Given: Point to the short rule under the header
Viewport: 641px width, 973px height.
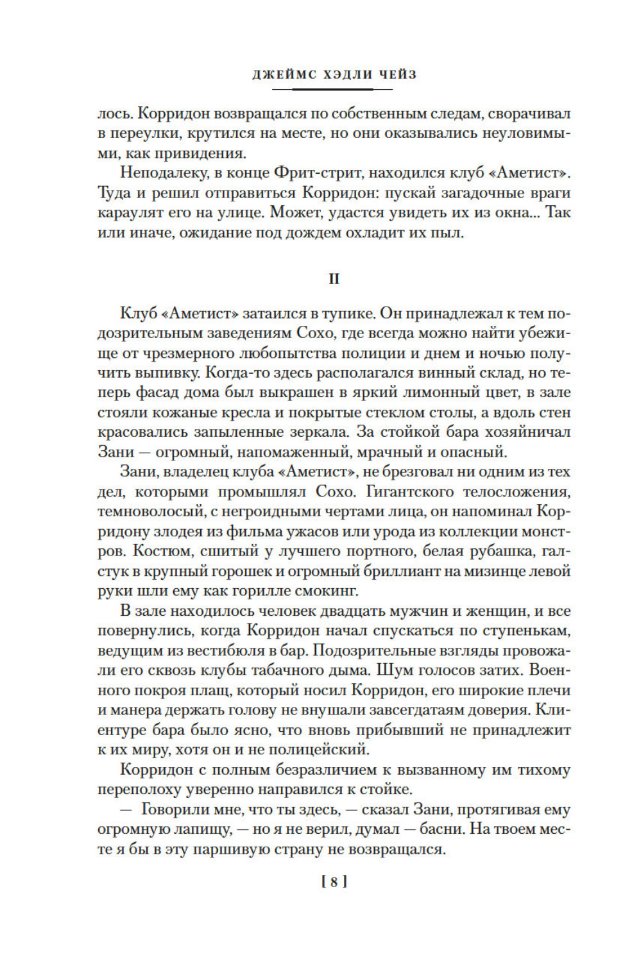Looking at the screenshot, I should click(333, 89).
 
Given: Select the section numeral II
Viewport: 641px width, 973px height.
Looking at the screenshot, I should click(334, 280).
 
